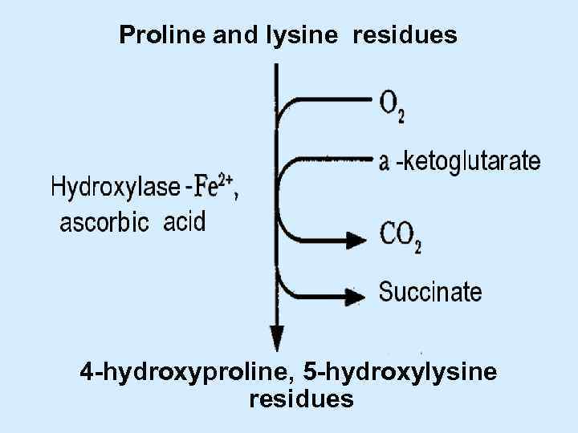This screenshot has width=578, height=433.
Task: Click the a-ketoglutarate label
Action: point(459,161)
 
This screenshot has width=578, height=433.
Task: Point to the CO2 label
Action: point(399,237)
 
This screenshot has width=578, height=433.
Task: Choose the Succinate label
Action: point(430,292)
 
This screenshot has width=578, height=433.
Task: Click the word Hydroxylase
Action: point(116,188)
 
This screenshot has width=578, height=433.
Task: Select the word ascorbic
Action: point(105,222)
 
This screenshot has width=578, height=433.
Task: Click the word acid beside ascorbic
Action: point(184,221)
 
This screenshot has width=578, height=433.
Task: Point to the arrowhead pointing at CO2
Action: point(355,238)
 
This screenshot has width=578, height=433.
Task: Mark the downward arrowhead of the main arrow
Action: point(276,338)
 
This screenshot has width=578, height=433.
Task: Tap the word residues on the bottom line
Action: point(301,399)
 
